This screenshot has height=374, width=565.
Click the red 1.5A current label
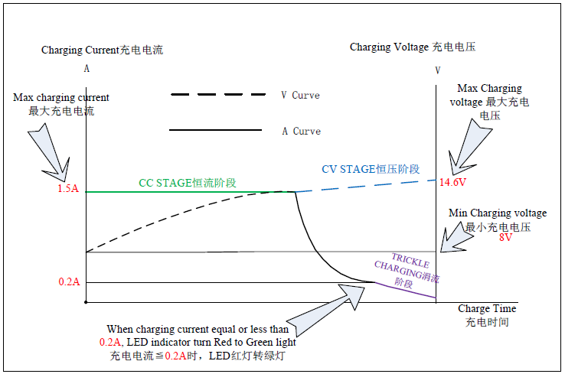click(68, 188)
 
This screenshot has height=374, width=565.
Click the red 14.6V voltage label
click(452, 182)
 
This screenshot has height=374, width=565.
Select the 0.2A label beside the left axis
click(69, 281)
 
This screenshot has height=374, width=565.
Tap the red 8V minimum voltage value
click(505, 237)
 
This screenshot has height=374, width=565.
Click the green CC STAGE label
click(188, 183)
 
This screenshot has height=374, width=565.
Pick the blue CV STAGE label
click(371, 169)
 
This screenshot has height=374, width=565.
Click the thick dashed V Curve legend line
click(218, 95)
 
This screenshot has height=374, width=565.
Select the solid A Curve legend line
click(215, 130)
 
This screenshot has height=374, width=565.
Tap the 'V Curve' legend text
click(301, 96)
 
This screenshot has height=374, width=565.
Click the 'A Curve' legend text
click(301, 131)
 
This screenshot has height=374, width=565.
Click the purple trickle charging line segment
click(406, 290)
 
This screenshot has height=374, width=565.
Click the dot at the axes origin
click(86, 302)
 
